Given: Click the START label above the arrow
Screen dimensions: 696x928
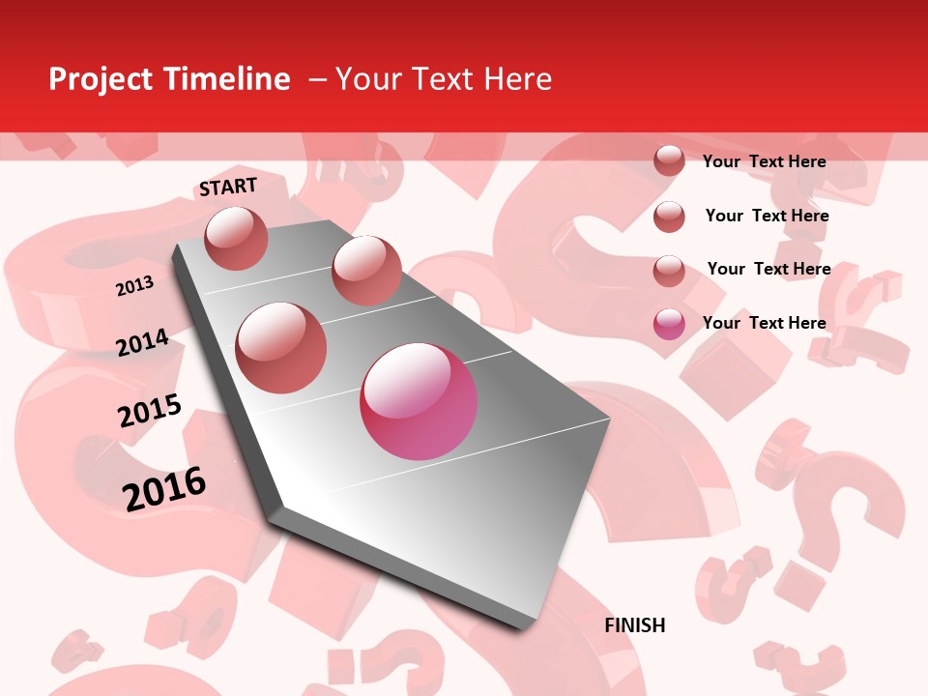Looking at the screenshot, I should pos(228,187).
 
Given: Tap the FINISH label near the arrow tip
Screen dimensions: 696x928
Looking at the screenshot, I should pos(635,625).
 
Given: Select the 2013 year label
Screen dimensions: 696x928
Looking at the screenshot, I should pos(134,286).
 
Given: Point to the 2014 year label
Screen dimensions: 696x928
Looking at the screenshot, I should pos(142,343).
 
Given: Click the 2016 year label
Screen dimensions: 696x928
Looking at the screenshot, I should pos(164,489).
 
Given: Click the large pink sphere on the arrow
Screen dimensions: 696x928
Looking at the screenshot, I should pos(419,401).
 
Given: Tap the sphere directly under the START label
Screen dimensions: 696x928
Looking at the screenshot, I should pos(237,238).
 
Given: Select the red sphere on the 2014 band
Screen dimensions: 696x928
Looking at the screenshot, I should pos(281,347).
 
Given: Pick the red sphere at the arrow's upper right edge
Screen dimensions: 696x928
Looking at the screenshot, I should pos(366,271).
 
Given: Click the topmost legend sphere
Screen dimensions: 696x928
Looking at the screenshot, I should pos(669,161).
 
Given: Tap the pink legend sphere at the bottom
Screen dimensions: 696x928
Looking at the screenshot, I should pos(669,324).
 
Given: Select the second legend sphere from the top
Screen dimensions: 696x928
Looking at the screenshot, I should pos(669,217).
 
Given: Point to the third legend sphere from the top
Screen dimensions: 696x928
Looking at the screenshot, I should pos(669,271).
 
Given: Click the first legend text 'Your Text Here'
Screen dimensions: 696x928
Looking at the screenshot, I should pos(764,161).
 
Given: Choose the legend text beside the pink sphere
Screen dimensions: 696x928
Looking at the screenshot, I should pos(764,323).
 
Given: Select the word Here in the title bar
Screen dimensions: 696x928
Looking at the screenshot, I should pos(517,79).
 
